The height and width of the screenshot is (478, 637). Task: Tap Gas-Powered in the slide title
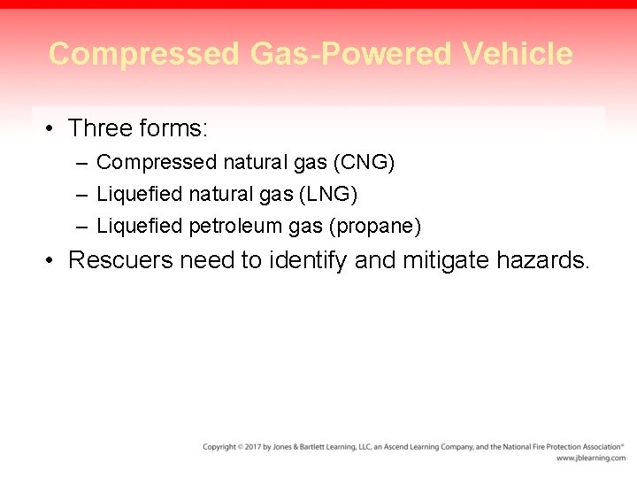[x=350, y=54]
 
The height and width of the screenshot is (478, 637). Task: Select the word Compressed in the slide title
[x=143, y=54]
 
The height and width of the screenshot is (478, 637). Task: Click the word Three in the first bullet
[x=100, y=129]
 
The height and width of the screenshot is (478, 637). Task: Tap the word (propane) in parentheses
[x=375, y=227]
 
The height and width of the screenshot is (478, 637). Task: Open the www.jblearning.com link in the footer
[x=590, y=459]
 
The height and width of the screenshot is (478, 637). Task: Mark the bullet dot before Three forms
[x=51, y=129]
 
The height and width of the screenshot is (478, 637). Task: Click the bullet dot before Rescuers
[x=51, y=260]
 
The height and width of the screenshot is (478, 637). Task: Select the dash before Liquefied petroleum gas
[x=81, y=227]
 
